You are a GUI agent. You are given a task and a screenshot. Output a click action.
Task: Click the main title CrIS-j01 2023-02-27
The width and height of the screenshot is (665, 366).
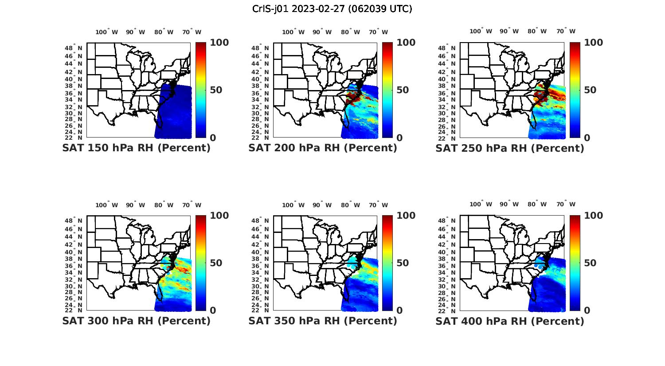(332, 9)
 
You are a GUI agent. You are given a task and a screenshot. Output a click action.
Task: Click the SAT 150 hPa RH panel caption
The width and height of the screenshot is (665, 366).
(136, 148)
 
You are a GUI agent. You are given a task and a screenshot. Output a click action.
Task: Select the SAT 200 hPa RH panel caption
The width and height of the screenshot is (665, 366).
(323, 148)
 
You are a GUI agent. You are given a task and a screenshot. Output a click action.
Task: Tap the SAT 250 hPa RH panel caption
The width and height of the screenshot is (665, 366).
(510, 148)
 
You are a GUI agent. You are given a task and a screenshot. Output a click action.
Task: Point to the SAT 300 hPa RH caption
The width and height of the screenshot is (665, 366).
(136, 321)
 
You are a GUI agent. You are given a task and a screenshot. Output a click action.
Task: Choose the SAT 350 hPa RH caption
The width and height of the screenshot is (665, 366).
(323, 321)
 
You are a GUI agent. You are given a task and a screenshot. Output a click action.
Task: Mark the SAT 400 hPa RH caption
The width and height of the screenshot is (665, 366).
(510, 321)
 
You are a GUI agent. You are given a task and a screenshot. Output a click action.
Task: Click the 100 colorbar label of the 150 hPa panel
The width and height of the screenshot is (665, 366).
(219, 43)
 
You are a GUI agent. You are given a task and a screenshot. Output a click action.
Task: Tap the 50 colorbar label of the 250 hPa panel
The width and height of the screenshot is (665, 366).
(590, 90)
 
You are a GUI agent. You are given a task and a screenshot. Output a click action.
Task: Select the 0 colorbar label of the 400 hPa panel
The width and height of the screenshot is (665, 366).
(587, 311)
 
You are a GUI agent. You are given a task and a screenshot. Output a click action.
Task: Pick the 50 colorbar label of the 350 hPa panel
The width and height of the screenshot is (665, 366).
(402, 263)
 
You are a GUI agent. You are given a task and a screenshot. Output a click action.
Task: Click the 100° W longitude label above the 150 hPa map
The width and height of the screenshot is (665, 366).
(107, 32)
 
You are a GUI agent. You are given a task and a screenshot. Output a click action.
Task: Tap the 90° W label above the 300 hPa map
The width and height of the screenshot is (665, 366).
(135, 205)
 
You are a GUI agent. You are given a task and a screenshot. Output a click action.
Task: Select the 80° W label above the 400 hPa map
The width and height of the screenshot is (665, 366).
(537, 205)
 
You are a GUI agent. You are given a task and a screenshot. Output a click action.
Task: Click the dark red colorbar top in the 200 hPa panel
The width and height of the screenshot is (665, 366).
(387, 45)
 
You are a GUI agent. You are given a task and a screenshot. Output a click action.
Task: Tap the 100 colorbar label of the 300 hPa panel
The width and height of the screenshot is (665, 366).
(219, 216)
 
